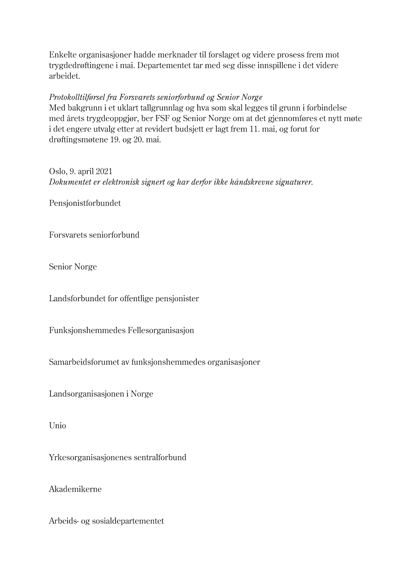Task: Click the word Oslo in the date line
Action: [x=58, y=172]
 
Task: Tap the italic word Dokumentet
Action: [x=69, y=182]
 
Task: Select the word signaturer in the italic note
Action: [x=294, y=182]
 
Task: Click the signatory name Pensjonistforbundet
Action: [x=85, y=203]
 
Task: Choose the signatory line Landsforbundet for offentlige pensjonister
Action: [x=124, y=298]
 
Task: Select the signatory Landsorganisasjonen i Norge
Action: [x=101, y=393]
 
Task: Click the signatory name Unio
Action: [x=58, y=425]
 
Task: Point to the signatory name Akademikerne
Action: [x=75, y=489]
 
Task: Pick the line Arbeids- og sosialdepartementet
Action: [x=106, y=521]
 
